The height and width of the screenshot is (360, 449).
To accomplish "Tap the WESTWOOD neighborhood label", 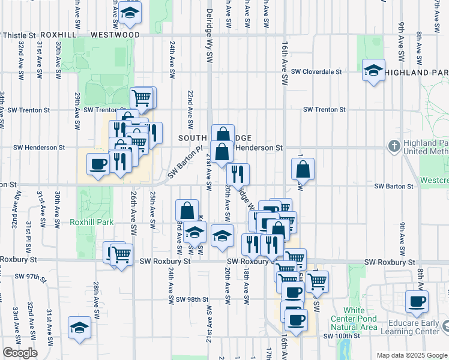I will click(115, 35).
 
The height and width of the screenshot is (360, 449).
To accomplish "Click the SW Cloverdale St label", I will click(316, 71).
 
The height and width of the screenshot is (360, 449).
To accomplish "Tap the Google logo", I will click(20, 353).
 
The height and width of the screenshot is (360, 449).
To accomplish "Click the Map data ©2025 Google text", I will click(411, 355).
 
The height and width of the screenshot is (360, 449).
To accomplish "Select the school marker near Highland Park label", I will click(373, 70).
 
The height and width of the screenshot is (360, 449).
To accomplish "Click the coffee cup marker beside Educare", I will click(417, 301).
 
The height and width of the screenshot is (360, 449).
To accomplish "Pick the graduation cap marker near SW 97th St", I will click(79, 327).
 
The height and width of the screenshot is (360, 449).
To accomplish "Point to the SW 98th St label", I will click(191, 299).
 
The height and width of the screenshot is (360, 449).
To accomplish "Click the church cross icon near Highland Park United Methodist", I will click(394, 146).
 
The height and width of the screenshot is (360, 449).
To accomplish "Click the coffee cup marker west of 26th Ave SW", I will click(98, 164).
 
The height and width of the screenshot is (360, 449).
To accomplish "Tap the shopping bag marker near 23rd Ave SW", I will click(187, 210).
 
